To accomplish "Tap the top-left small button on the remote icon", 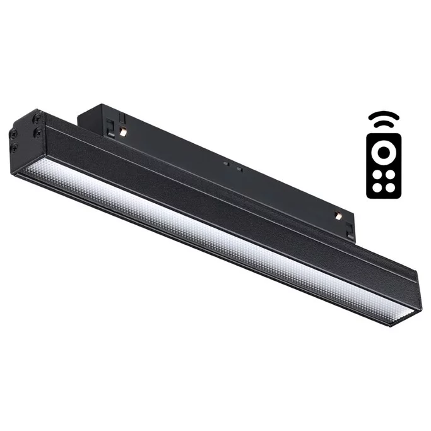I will (375, 173).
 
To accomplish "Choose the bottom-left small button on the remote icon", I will (375, 186).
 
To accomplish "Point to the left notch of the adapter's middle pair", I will (225, 163).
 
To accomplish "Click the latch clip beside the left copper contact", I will (111, 126).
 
